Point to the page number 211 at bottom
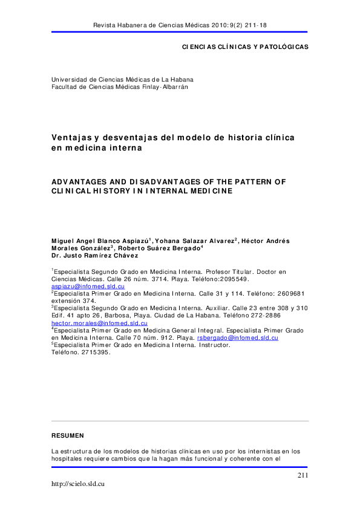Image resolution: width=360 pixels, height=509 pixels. click(x=303, y=476)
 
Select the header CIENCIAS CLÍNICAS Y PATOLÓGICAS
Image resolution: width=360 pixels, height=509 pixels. click(x=245, y=47)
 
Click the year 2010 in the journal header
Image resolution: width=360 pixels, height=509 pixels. click(x=214, y=25)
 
